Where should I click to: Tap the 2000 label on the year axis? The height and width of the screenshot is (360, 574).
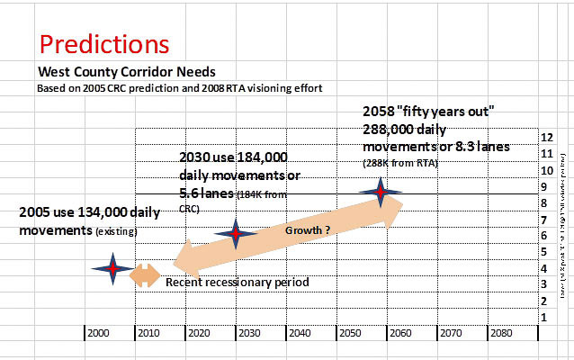pyautogui.click(x=101, y=332)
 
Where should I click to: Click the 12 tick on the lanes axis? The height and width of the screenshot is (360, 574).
pyautogui.click(x=545, y=138)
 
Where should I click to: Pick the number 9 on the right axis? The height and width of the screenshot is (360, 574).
pyautogui.click(x=544, y=187)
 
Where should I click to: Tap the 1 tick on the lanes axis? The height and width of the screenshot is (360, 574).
pyautogui.click(x=544, y=317)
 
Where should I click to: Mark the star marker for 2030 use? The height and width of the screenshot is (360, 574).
pyautogui.click(x=236, y=234)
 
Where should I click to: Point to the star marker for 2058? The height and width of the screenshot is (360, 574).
pyautogui.click(x=381, y=192)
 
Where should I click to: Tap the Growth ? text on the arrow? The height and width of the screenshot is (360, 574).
pyautogui.click(x=308, y=230)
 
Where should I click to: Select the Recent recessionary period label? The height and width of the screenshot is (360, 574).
pyautogui.click(x=238, y=283)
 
